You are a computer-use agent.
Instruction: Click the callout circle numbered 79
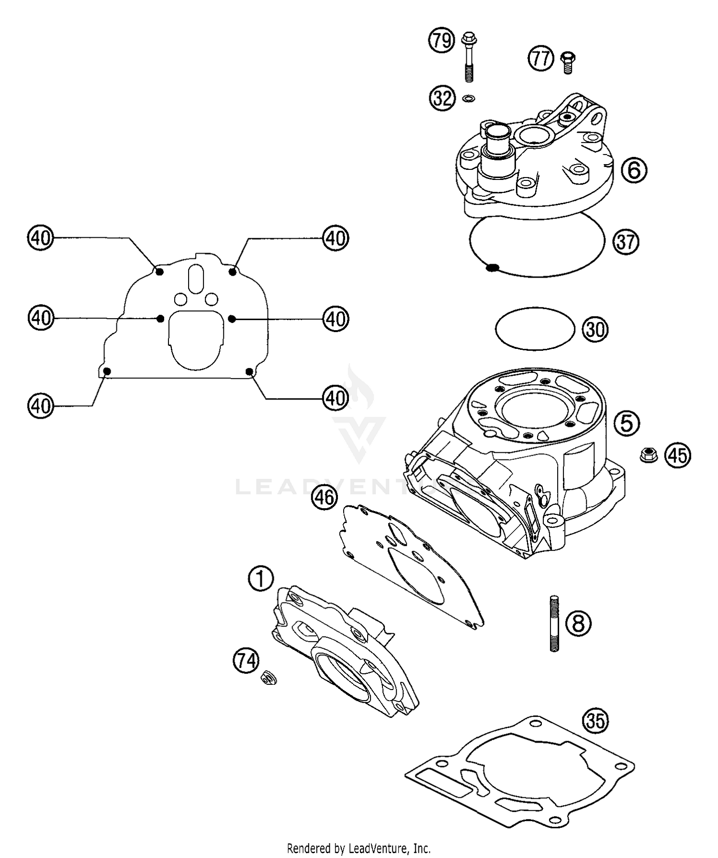click(441, 41)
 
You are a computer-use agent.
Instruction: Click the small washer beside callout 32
click(469, 99)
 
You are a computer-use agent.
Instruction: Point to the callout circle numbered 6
click(634, 170)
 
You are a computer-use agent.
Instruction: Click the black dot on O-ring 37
click(492, 268)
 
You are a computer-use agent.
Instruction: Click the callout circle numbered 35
click(595, 721)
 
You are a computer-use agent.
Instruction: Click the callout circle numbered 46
click(325, 498)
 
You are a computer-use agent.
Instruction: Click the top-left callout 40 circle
click(41, 238)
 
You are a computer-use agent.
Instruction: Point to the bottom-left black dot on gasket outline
click(107, 371)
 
